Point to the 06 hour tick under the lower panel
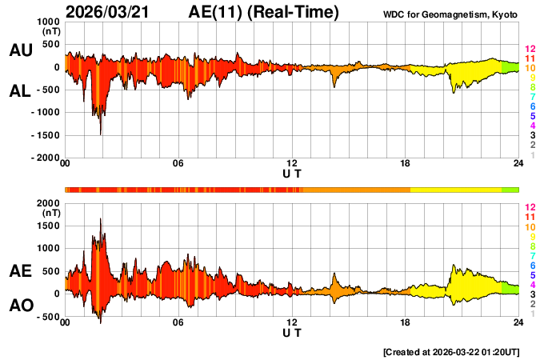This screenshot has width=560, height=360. tap(178, 323)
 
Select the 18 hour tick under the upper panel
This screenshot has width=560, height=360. tap(406, 165)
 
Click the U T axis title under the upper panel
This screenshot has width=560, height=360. tap(292, 173)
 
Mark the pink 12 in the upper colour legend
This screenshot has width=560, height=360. tap(529, 50)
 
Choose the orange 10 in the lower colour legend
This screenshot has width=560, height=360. tap(529, 227)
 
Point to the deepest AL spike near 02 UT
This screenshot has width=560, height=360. tap(100, 134)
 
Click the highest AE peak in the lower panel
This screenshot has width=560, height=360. tap(100, 219)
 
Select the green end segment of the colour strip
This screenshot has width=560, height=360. tap(510, 190)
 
